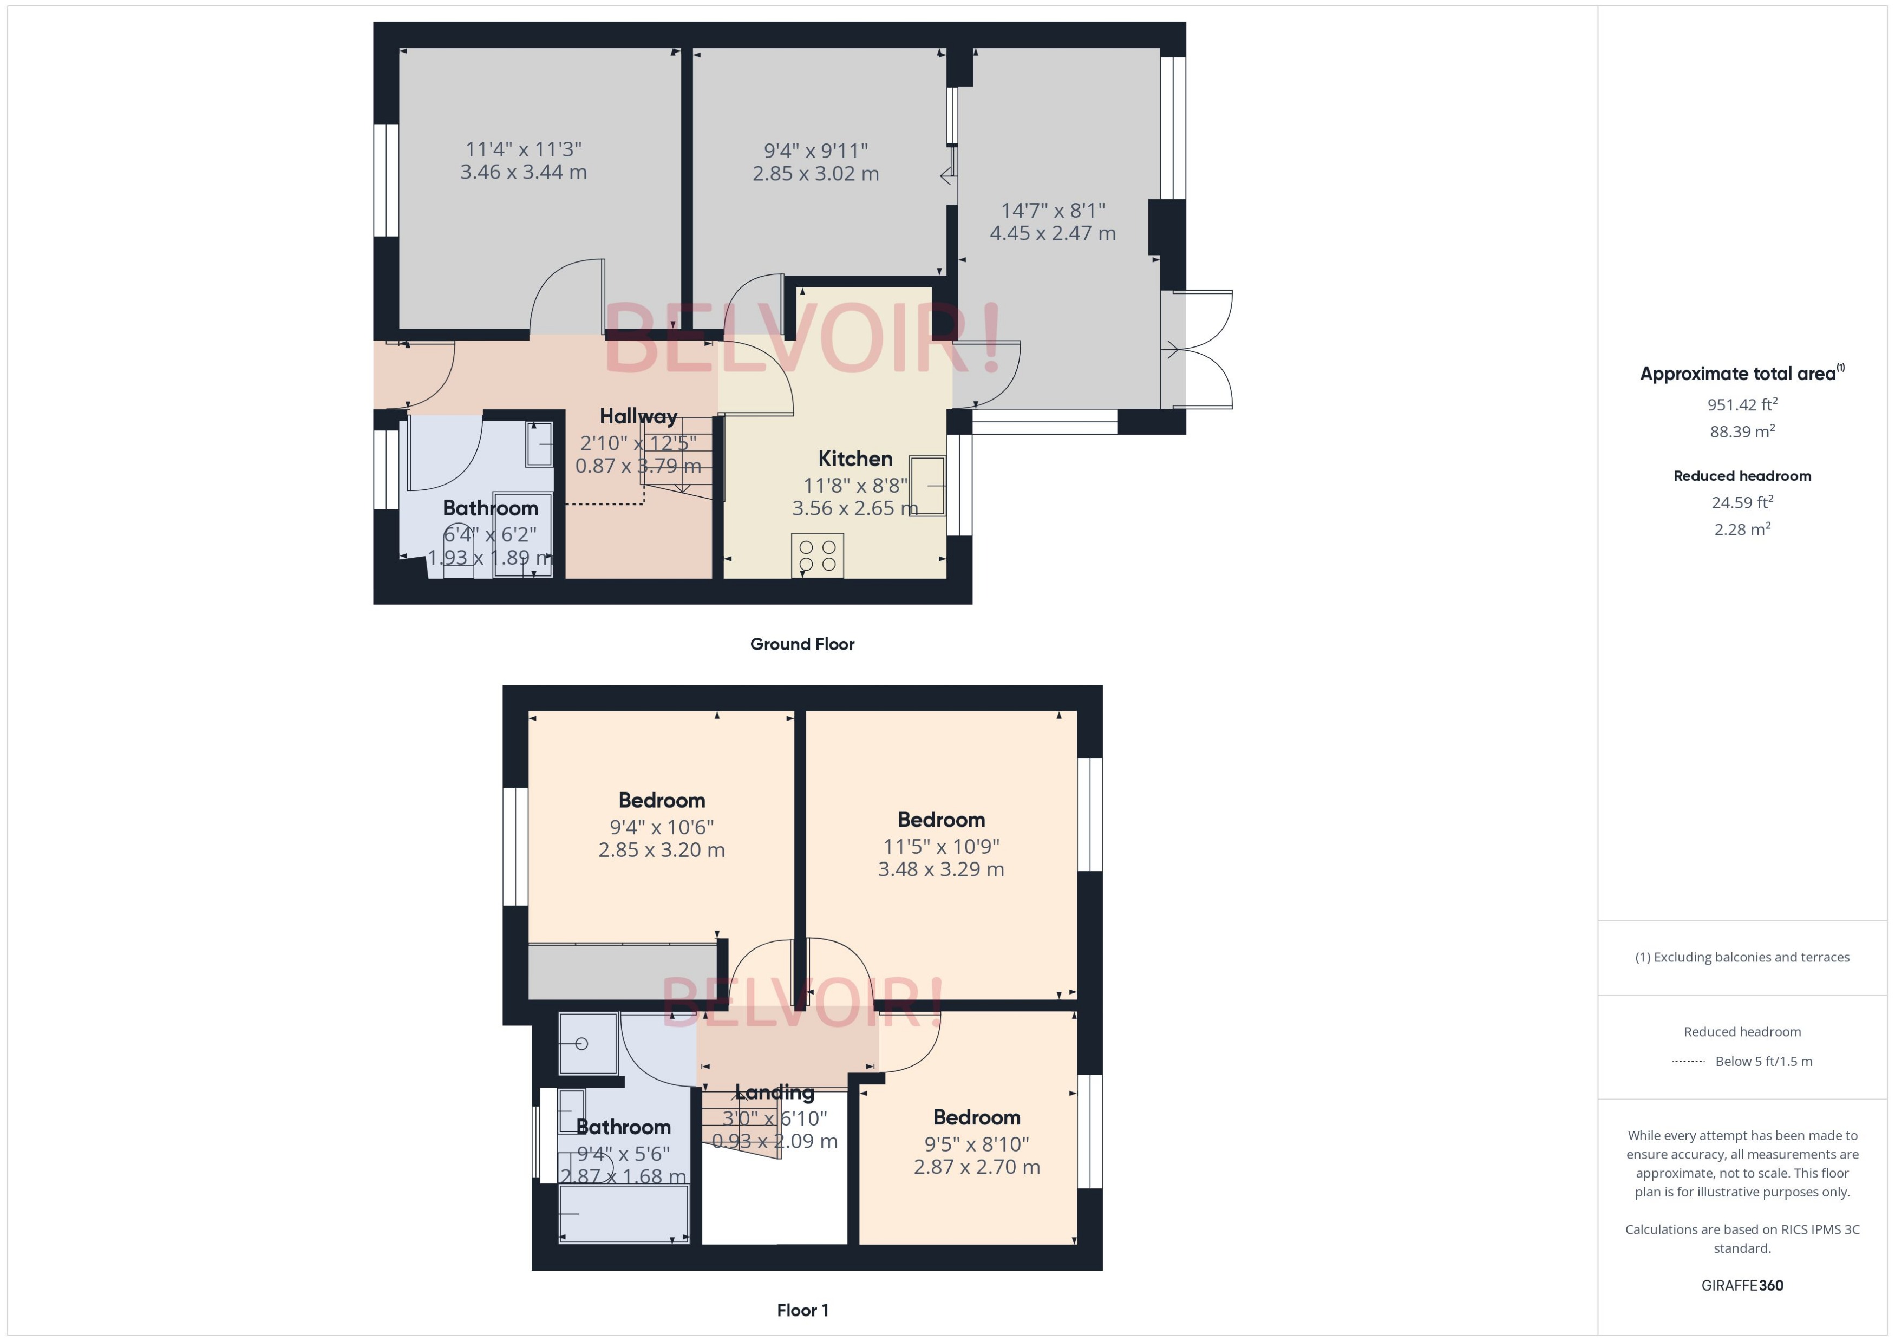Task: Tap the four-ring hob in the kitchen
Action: pos(816,555)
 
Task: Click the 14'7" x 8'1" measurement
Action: pos(1052,211)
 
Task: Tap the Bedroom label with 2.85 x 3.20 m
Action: pos(662,800)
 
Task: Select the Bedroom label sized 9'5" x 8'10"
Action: pos(976,1117)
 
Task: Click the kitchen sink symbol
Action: pos(927,486)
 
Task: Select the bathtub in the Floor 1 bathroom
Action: pos(623,1213)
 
